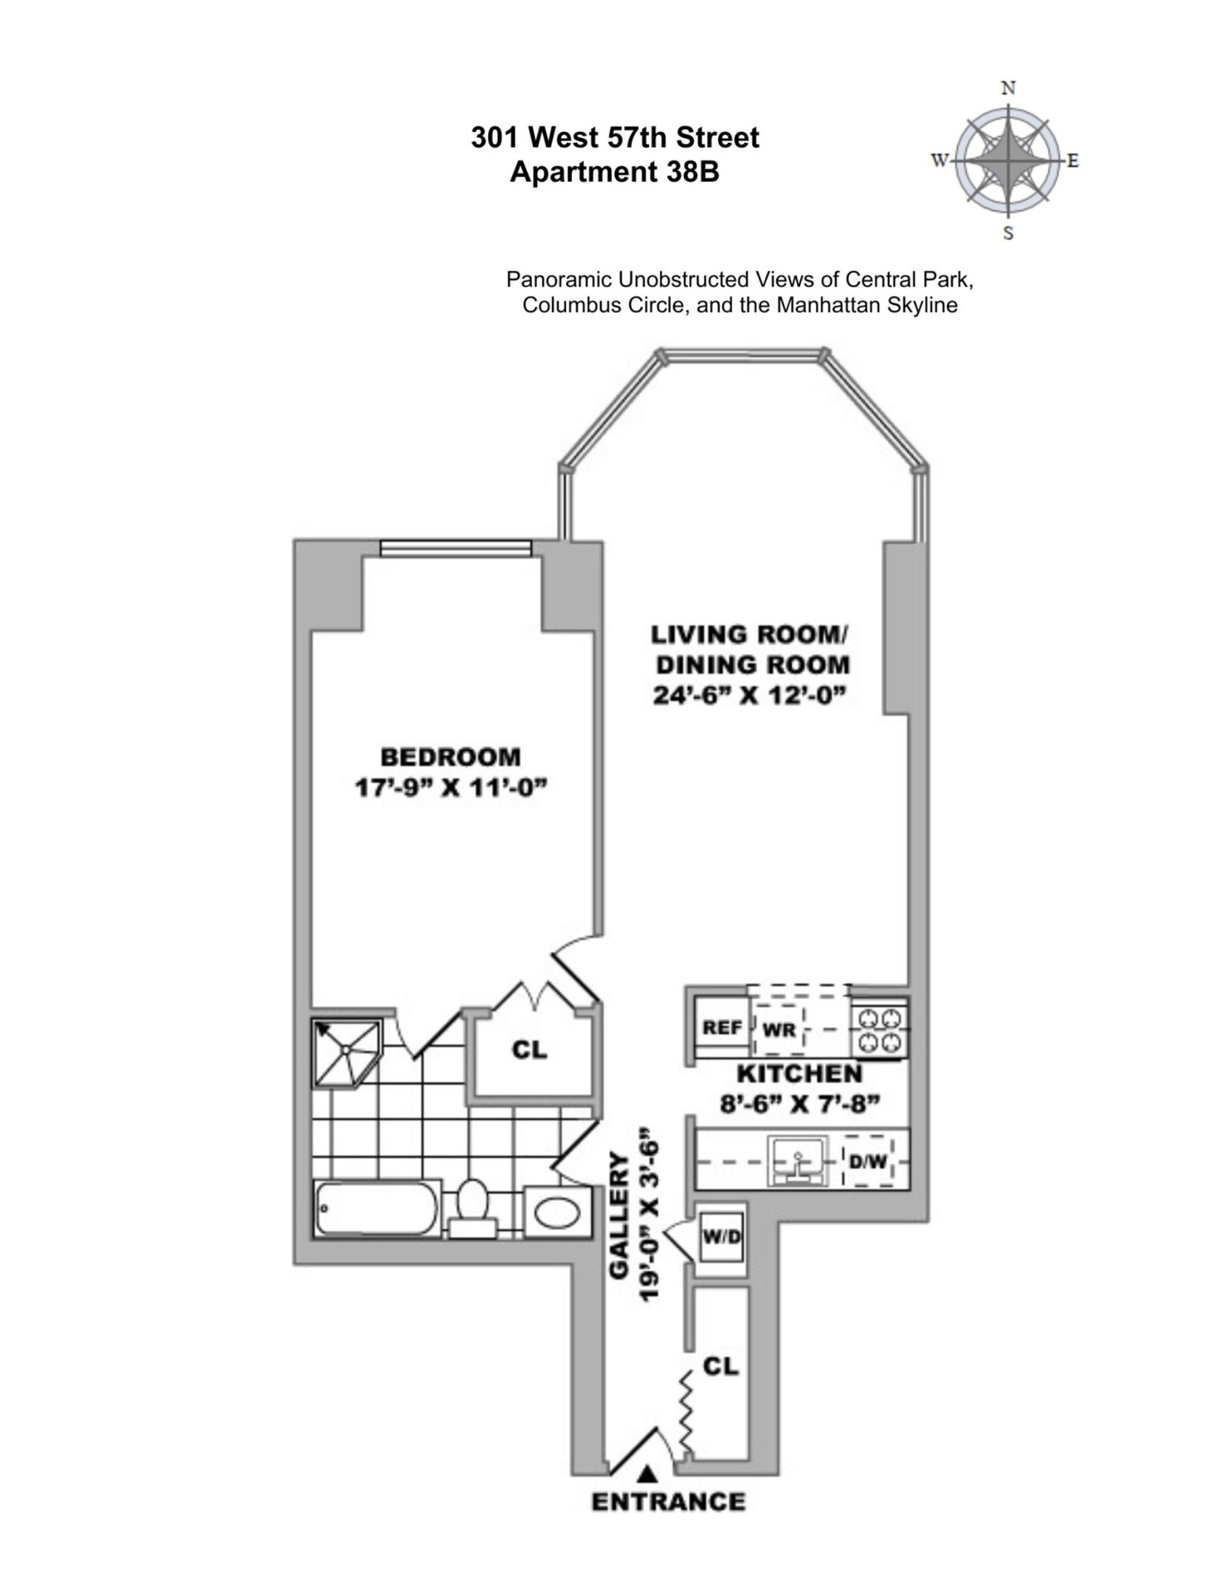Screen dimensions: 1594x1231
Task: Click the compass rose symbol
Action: point(1008,160)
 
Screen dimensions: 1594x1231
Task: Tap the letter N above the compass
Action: point(1008,89)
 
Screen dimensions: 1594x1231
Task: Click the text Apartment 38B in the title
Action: point(614,173)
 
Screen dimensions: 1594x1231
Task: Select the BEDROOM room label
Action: point(450,757)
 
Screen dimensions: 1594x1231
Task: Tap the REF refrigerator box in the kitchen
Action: point(722,1028)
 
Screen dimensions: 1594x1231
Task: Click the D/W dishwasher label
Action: point(868,1162)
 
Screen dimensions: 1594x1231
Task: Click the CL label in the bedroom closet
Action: point(529,1049)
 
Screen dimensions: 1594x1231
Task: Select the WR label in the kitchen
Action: point(778,1029)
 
